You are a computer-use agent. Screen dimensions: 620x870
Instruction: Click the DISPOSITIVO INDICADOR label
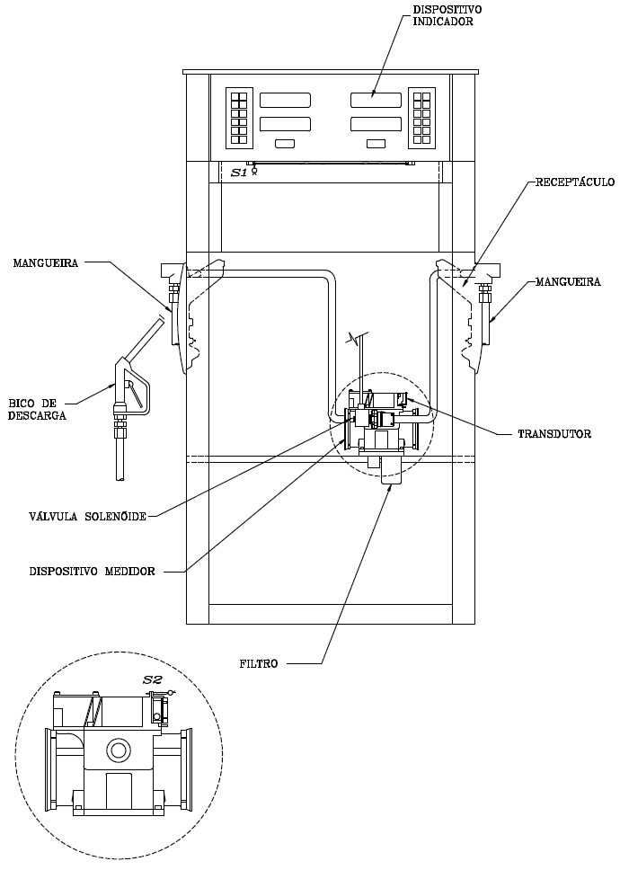[443, 16]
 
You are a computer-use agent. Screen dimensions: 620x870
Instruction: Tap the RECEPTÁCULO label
[574, 182]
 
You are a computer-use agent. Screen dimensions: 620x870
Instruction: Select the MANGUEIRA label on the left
[46, 263]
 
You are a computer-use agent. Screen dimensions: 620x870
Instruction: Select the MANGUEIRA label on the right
[568, 282]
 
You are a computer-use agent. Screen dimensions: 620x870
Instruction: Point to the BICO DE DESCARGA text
[37, 410]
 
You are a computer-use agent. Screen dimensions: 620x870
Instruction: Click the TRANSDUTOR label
[554, 434]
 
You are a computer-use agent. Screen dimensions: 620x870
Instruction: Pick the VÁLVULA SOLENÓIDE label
[88, 517]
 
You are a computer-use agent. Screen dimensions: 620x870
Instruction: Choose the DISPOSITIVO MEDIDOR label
[92, 571]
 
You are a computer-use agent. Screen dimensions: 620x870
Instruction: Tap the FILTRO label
[259, 663]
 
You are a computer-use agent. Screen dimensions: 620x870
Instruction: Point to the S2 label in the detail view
[153, 679]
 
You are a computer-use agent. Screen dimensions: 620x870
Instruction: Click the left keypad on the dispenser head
[239, 118]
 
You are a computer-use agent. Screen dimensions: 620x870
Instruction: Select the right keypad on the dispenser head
[422, 118]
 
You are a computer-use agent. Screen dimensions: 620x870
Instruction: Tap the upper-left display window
[285, 100]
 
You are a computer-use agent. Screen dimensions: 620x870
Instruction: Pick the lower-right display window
[376, 124]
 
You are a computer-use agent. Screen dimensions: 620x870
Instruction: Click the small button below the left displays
[285, 144]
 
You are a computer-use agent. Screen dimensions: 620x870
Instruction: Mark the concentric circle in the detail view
[118, 750]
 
